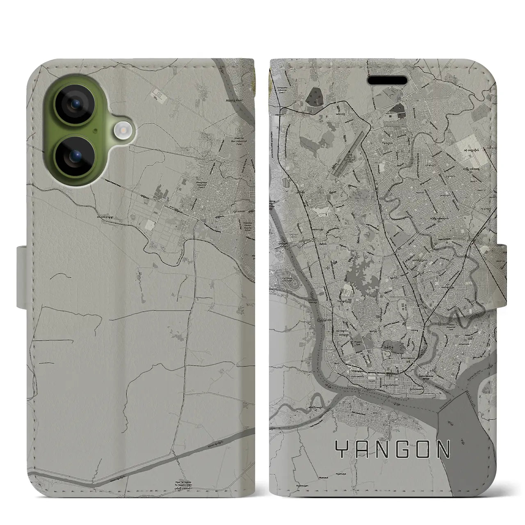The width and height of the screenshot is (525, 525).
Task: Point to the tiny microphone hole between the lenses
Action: click(x=95, y=130)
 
